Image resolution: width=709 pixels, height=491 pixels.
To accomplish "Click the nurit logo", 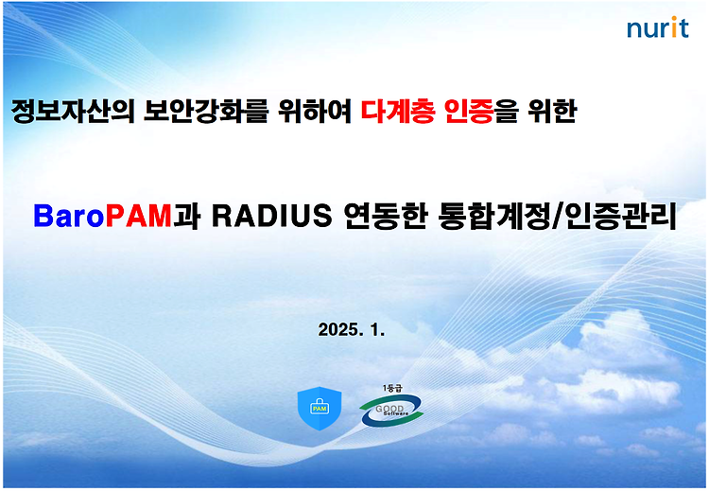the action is tap(657, 27).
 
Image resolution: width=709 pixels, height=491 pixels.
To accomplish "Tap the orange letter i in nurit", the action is tap(674, 27).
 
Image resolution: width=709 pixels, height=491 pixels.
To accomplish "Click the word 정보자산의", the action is tap(73, 111).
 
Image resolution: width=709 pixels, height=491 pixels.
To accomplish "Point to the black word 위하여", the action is tap(314, 111).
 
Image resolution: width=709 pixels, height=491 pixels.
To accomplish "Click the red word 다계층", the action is tap(398, 111).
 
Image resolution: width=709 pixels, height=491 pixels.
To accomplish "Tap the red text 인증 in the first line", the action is tap(469, 111).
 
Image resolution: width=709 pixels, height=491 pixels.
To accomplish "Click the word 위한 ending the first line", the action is tap(553, 111).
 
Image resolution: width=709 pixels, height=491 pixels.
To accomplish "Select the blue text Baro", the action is tap(69, 216).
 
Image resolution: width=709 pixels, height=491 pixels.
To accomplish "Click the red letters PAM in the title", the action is tap(139, 216).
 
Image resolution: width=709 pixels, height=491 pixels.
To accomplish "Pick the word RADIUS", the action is tap(272, 216).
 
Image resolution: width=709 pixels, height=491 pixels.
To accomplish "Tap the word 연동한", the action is tap(386, 216).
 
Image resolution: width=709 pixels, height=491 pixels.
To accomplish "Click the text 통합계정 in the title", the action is tap(494, 216).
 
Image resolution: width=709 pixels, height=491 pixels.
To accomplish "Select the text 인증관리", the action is tap(620, 216).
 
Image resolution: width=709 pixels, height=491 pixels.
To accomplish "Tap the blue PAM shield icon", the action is tap(320, 408).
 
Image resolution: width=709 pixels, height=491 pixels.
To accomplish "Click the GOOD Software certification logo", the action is tap(391, 410).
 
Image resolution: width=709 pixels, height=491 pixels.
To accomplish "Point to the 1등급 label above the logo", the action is tap(392, 388).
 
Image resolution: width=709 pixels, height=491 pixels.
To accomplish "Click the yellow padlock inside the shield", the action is tap(320, 407).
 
